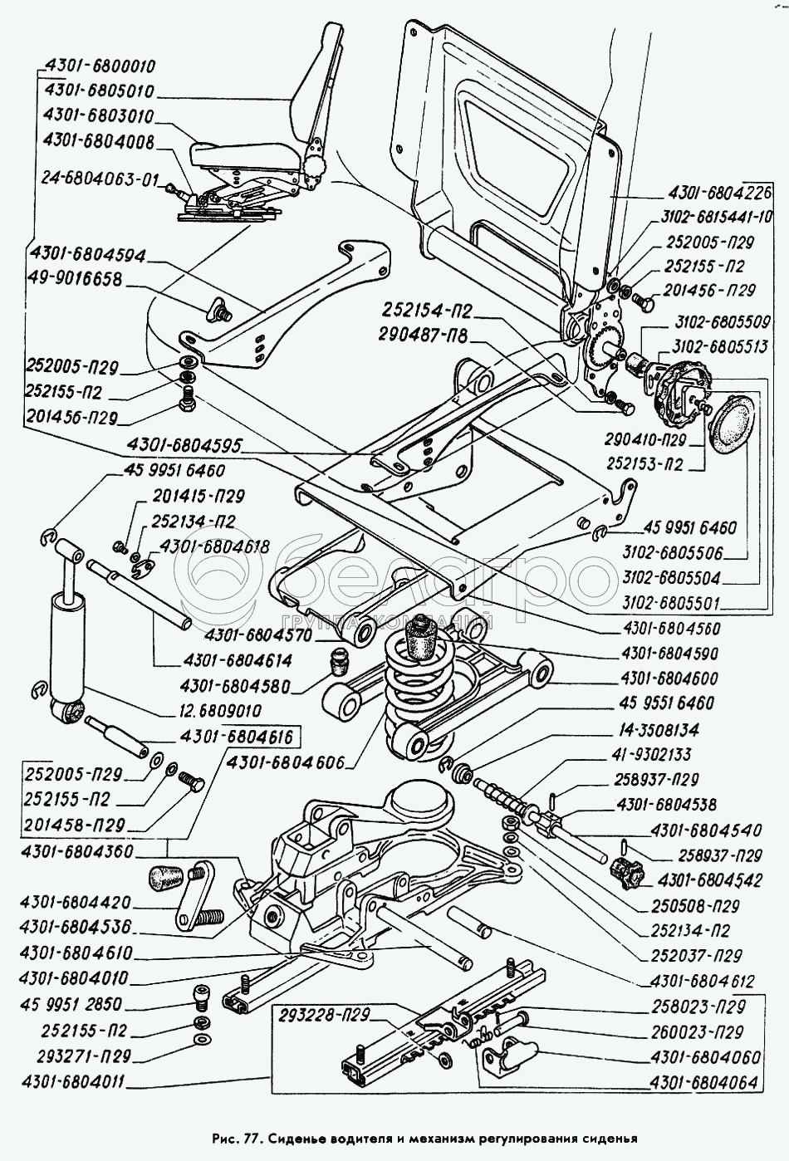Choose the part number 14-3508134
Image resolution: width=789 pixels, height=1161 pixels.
coord(659,730)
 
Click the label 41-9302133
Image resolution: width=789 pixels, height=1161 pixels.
coord(659,755)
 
